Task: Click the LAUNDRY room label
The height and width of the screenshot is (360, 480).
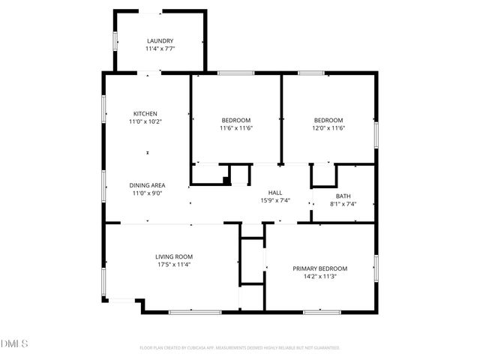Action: coord(160,40)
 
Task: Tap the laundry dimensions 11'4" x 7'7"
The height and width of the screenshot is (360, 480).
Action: coord(160,49)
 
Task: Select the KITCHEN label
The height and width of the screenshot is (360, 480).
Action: coord(145,113)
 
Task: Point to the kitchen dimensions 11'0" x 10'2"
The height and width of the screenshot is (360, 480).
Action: coord(145,121)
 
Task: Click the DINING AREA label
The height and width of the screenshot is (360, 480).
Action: coord(147,185)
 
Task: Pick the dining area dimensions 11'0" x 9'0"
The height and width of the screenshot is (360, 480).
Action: coord(147,193)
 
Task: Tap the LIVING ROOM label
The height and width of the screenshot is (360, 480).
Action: coord(174,256)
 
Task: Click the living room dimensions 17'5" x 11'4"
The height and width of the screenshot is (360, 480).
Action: coord(174,265)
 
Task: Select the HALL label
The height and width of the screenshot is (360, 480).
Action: coord(274,192)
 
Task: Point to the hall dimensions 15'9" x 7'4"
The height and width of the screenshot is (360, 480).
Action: coord(274,200)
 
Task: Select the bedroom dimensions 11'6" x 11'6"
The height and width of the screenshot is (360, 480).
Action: coord(235,128)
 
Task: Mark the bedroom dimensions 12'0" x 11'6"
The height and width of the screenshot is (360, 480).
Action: coord(328,128)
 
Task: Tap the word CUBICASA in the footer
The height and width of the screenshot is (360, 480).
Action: coord(198,348)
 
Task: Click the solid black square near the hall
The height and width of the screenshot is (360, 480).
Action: coord(226,179)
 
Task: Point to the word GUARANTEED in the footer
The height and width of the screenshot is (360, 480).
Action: coord(324,348)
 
